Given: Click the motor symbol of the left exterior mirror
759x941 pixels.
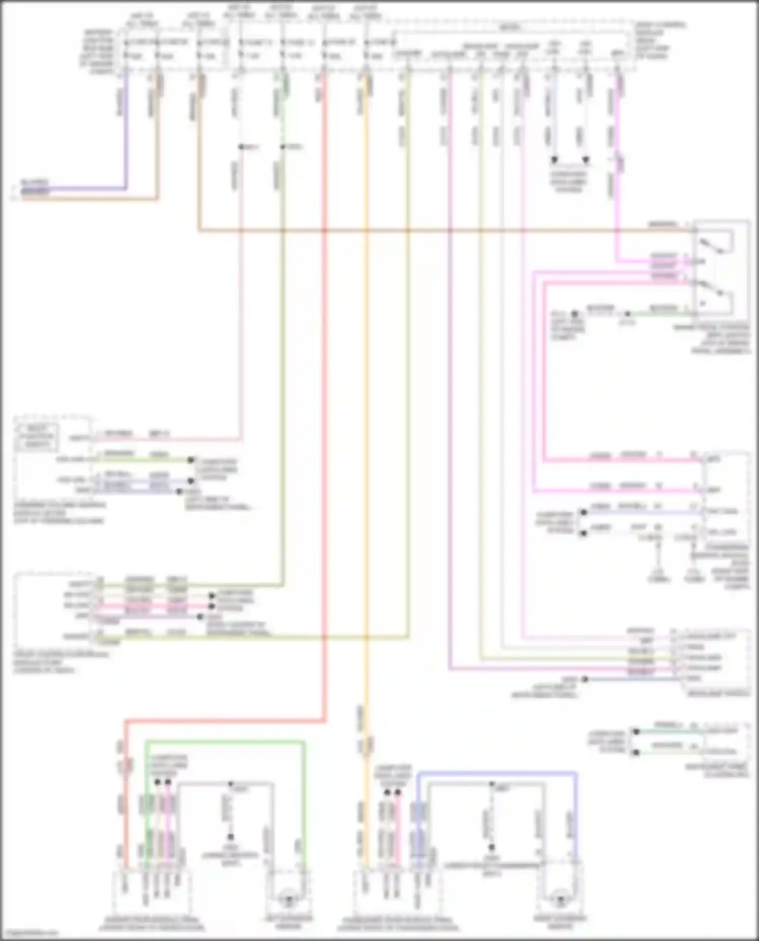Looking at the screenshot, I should (x=289, y=898).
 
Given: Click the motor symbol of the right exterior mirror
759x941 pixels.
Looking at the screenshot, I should (x=560, y=898).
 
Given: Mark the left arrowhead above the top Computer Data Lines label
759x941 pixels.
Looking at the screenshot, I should (x=554, y=160).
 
